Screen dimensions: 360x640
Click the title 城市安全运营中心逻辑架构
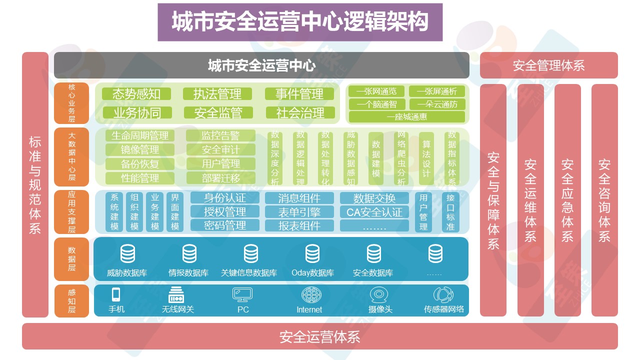pyautogui.click(x=300, y=22)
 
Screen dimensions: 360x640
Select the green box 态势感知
pyautogui.click(x=136, y=94)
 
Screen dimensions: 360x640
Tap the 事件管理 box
pyautogui.click(x=299, y=94)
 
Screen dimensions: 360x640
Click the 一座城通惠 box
pyautogui.click(x=407, y=117)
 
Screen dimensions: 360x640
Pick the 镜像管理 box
pyautogui.click(x=140, y=149)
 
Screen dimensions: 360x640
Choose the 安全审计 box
pyautogui.click(x=220, y=149)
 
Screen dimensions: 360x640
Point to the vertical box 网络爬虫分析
pyautogui.click(x=401, y=158)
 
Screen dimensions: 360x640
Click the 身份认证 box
pyautogui.click(x=225, y=197)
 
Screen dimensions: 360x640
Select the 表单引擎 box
pyautogui.click(x=299, y=211)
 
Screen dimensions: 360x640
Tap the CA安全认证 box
pyautogui.click(x=374, y=211)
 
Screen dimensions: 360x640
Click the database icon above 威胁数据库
pyautogui.click(x=127, y=254)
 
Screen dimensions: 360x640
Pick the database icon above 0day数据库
pyautogui.click(x=312, y=254)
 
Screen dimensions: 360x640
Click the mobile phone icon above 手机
pyautogui.click(x=116, y=294)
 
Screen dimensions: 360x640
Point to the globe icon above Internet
pyautogui.click(x=309, y=294)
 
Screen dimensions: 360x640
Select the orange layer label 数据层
pyautogui.click(x=72, y=259)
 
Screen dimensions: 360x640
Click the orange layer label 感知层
pyautogui.click(x=72, y=300)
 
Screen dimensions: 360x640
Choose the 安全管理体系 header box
pyautogui.click(x=548, y=65)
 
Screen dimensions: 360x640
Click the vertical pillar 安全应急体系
pyautogui.click(x=567, y=200)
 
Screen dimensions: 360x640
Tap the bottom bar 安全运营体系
pyautogui.click(x=319, y=336)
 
